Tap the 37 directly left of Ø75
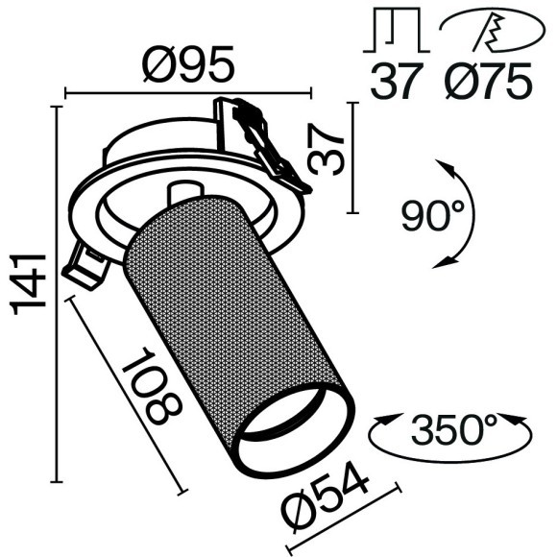[x=397, y=82]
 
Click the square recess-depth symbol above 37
[x=396, y=33]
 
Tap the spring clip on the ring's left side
[x=85, y=263]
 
